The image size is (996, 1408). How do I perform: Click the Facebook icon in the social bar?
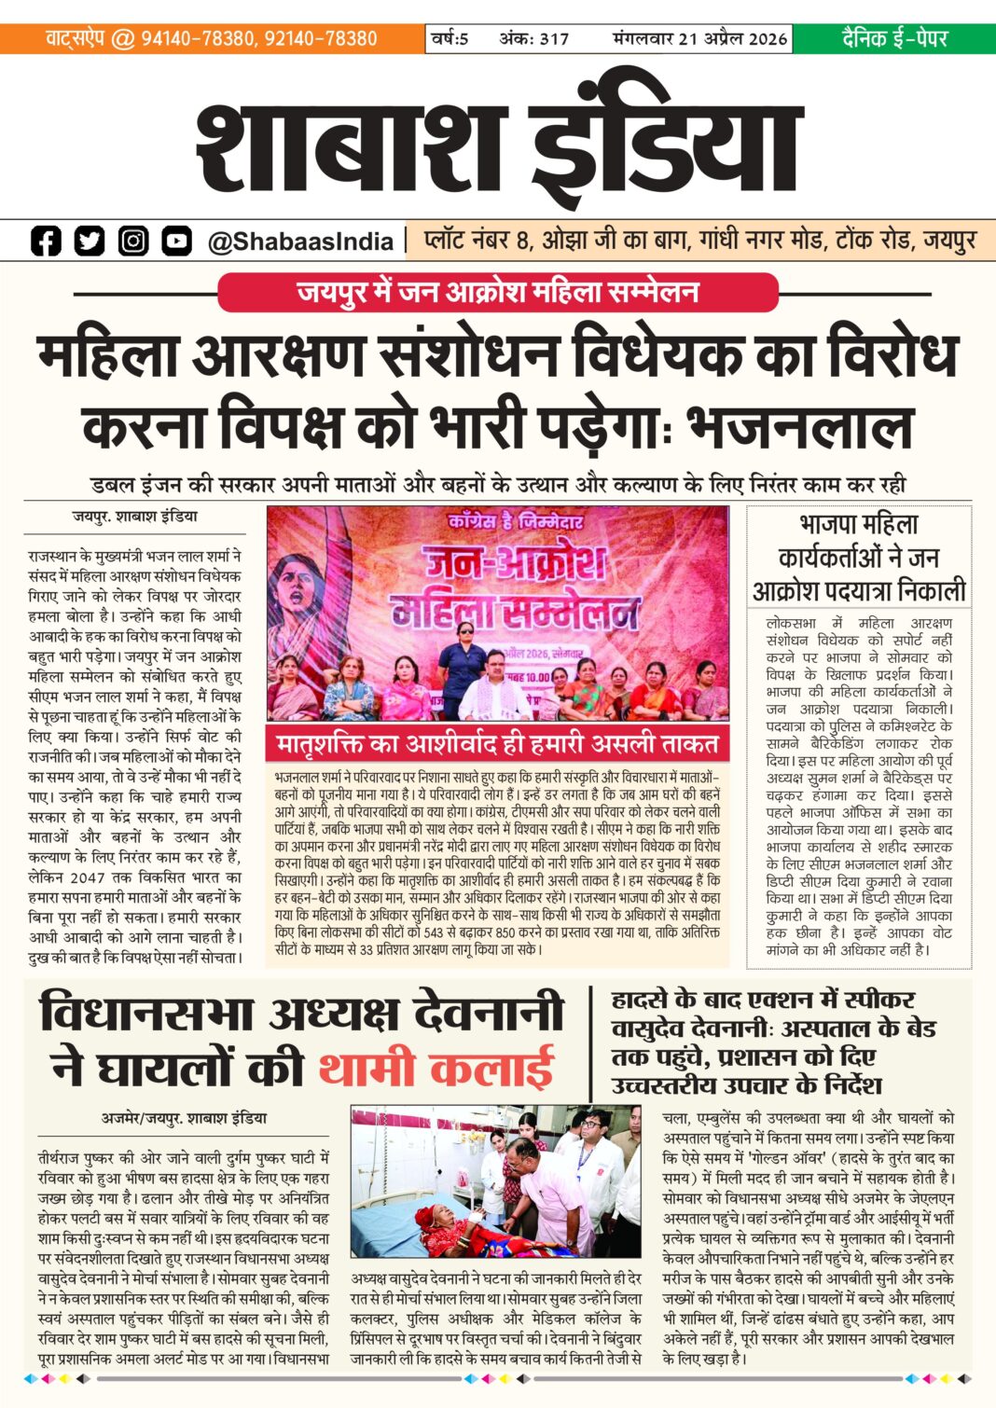46,241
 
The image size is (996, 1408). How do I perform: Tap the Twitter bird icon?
90,241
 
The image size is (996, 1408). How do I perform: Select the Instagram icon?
133,241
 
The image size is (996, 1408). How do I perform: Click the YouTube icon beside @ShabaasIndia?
176,241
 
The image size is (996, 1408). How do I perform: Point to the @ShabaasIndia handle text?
300,242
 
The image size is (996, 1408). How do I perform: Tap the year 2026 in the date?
768,39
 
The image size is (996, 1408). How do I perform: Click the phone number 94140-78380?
198,39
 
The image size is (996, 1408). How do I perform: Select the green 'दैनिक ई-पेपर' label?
894,39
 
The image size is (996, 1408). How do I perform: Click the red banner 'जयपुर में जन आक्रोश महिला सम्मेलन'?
497,292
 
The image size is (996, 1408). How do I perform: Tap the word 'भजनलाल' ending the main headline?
799,427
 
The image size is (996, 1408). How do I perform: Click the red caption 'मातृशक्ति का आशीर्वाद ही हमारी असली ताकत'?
497,744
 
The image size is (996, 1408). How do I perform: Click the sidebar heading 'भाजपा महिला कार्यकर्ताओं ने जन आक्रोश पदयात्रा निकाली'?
859,558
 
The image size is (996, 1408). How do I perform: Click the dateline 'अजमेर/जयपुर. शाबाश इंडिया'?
184,1118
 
